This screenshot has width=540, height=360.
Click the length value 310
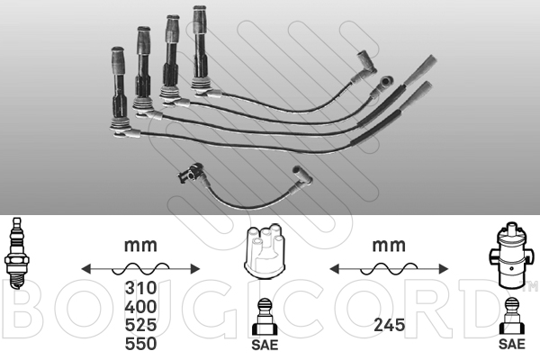(140, 288)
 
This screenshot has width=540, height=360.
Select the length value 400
(140, 307)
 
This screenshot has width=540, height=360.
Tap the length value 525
(140, 325)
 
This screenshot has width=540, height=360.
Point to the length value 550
(140, 344)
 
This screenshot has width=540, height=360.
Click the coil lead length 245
(389, 325)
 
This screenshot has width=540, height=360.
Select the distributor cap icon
(265, 251)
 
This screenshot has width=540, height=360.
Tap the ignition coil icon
(511, 256)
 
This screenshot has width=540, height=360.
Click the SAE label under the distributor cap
(265, 345)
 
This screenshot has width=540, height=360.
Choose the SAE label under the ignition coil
(512, 344)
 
